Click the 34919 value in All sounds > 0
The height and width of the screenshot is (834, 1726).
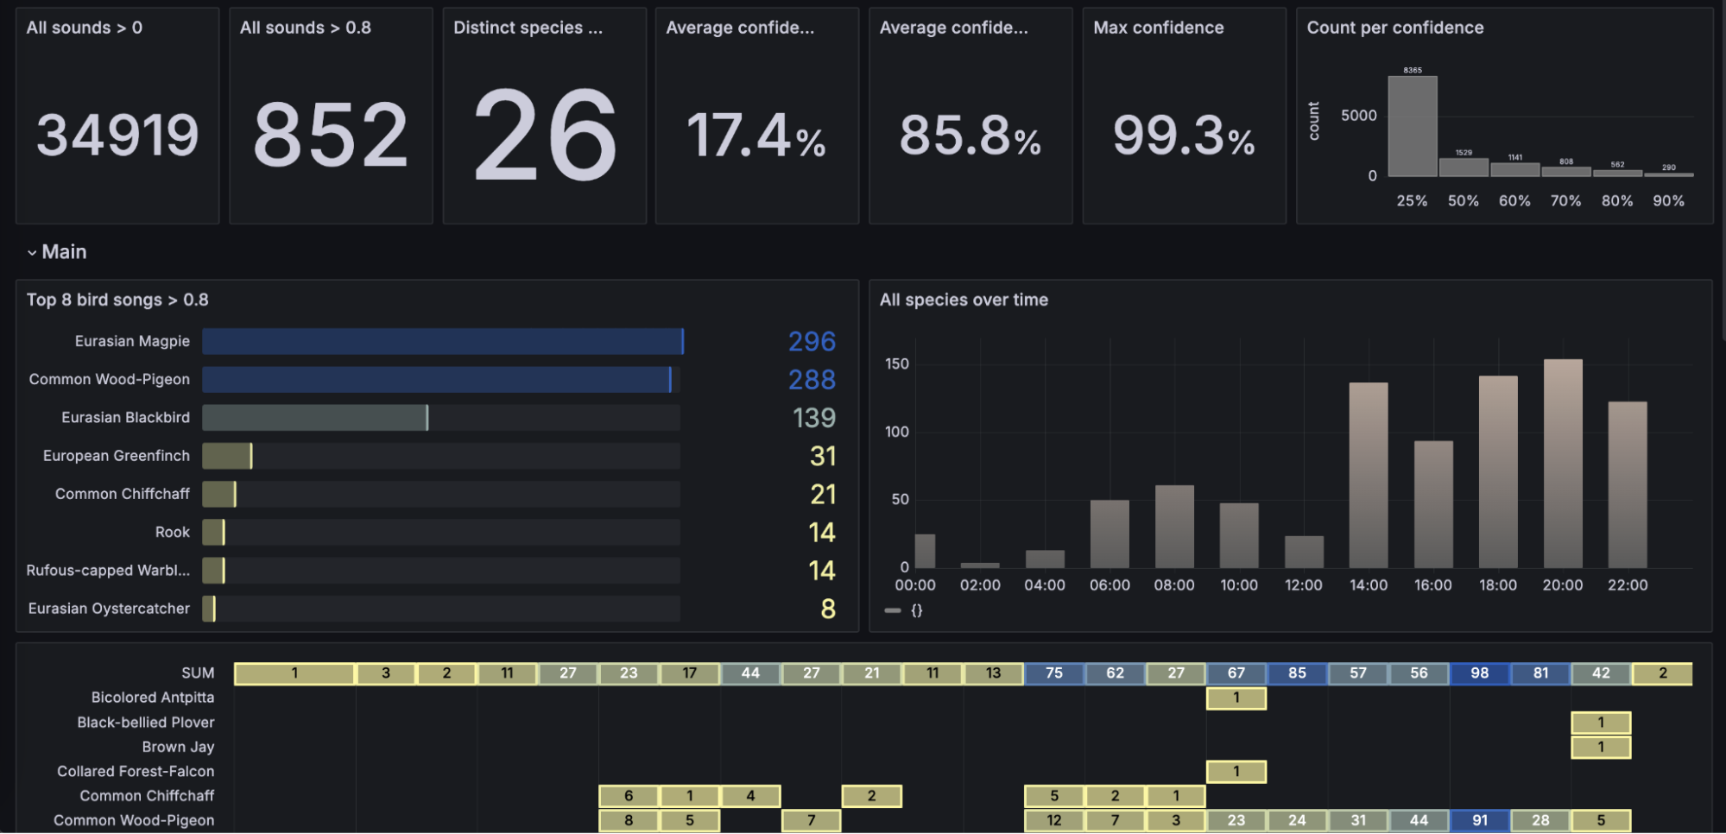coord(117,136)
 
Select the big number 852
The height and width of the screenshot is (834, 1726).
coord(331,136)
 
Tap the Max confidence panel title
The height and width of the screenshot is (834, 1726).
coord(1158,28)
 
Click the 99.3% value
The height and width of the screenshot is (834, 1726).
coord(1183,136)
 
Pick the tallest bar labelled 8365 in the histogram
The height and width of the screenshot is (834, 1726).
coord(1413,126)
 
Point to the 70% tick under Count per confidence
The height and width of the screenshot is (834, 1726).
coord(1565,200)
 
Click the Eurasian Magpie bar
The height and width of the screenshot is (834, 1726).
coord(442,341)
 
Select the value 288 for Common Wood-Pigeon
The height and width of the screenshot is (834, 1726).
coord(812,380)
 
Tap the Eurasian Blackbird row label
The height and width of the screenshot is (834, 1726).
coord(125,418)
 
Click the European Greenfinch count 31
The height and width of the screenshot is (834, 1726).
coord(823,456)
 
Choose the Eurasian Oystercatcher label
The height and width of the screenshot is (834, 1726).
coord(109,609)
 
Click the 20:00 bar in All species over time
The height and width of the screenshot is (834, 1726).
coord(1563,464)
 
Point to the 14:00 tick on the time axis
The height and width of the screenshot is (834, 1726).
coord(1369,584)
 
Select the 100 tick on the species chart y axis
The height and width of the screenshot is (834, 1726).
coord(896,432)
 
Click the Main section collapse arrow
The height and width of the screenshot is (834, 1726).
coord(32,253)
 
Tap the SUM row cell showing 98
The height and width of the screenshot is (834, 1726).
coord(1480,673)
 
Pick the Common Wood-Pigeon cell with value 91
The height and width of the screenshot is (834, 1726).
coord(1480,820)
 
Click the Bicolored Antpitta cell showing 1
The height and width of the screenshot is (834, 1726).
coord(1236,698)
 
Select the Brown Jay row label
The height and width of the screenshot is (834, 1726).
coord(178,747)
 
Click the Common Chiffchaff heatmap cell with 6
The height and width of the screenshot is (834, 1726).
coord(629,796)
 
